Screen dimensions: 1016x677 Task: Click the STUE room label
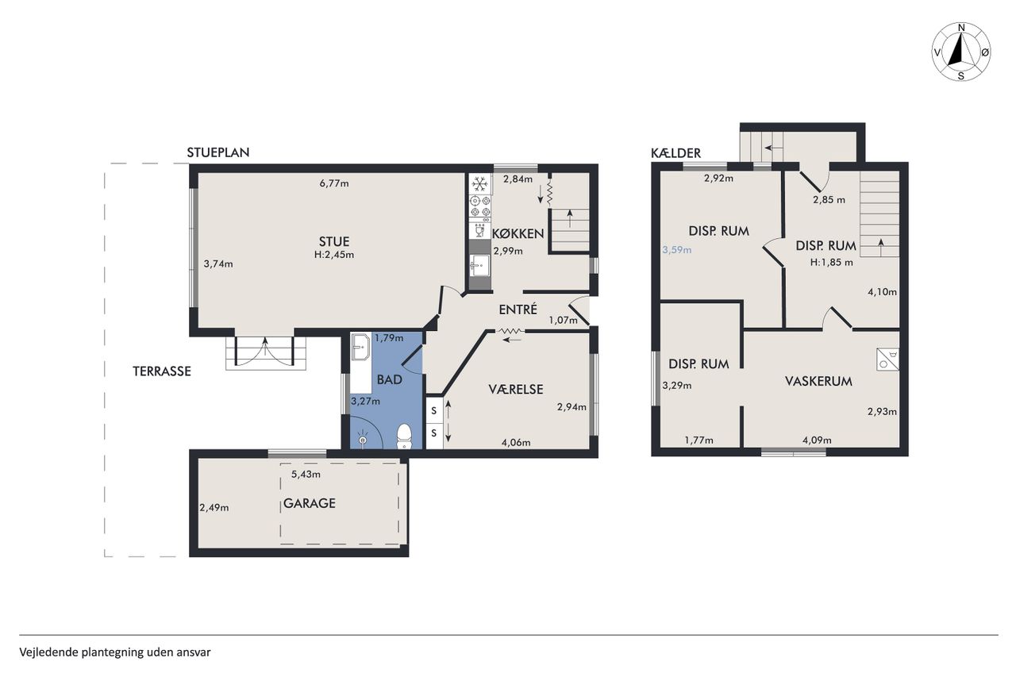click(334, 241)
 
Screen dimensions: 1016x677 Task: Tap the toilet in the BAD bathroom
click(404, 437)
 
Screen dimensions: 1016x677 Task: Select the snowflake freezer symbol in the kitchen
click(479, 184)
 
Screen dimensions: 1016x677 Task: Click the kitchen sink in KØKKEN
click(479, 265)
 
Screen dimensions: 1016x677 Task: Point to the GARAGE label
click(310, 503)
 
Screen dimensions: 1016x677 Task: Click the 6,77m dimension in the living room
click(334, 183)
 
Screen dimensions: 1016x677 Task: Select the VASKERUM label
click(818, 381)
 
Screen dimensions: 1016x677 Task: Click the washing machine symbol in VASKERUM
click(887, 359)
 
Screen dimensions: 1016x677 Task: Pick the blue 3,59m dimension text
click(677, 250)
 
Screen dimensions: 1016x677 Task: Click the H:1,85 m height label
click(831, 263)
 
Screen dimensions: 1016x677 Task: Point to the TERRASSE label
click(161, 371)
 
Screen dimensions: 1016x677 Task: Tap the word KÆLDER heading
click(675, 153)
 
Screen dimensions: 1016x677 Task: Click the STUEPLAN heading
click(218, 152)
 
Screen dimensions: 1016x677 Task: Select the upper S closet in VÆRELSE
click(434, 411)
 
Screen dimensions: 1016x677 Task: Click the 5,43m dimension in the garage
click(306, 475)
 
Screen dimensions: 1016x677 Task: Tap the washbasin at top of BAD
click(360, 347)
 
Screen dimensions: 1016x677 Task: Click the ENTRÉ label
click(518, 310)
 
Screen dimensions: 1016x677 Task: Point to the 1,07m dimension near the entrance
click(563, 321)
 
